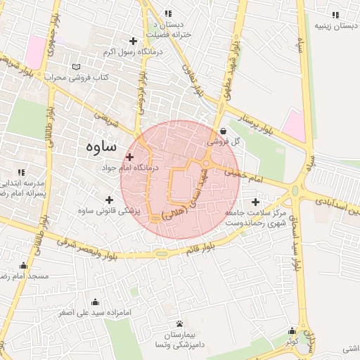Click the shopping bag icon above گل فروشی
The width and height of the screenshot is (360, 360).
coord(223,130)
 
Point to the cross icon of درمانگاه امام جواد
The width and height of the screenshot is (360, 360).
coord(130,157)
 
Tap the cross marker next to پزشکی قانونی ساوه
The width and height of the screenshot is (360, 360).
coord(109,200)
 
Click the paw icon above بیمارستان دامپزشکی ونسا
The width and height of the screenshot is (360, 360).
coord(180,324)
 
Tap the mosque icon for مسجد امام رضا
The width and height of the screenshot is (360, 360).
coord(25,266)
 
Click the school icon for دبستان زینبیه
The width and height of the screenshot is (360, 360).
coord(331,15)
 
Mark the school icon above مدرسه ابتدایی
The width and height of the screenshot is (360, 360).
coord(21,172)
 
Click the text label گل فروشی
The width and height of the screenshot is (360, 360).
coord(224,141)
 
